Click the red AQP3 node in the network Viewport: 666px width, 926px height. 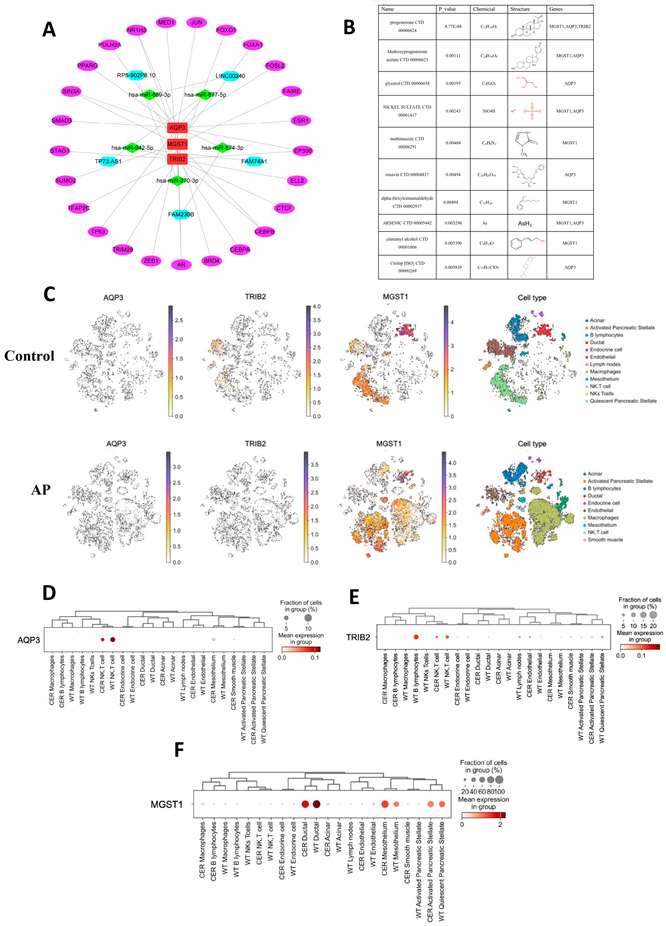177,128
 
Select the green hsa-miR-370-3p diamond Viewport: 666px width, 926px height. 177,181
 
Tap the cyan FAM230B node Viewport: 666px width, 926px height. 181,214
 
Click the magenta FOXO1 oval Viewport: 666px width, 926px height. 226,30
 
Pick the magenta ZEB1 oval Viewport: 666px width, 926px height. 151,261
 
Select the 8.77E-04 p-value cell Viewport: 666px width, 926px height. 453,27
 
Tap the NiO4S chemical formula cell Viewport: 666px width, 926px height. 488,111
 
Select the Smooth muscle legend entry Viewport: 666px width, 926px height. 605,540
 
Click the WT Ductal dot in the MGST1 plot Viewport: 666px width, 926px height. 316,804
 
